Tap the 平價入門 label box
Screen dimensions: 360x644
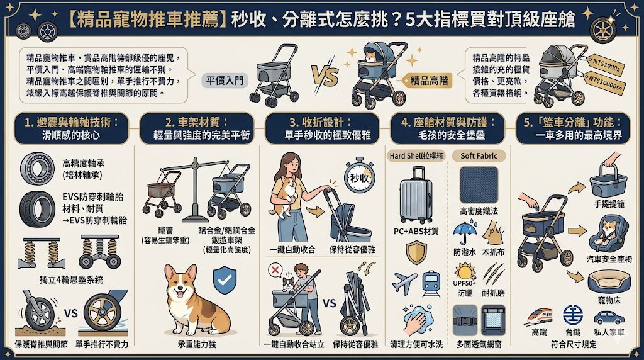coord(224,80)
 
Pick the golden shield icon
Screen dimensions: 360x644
coord(416,252)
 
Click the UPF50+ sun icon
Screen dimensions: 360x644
coord(465,272)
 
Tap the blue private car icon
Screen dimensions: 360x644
coord(609,317)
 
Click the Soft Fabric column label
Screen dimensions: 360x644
coord(479,156)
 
